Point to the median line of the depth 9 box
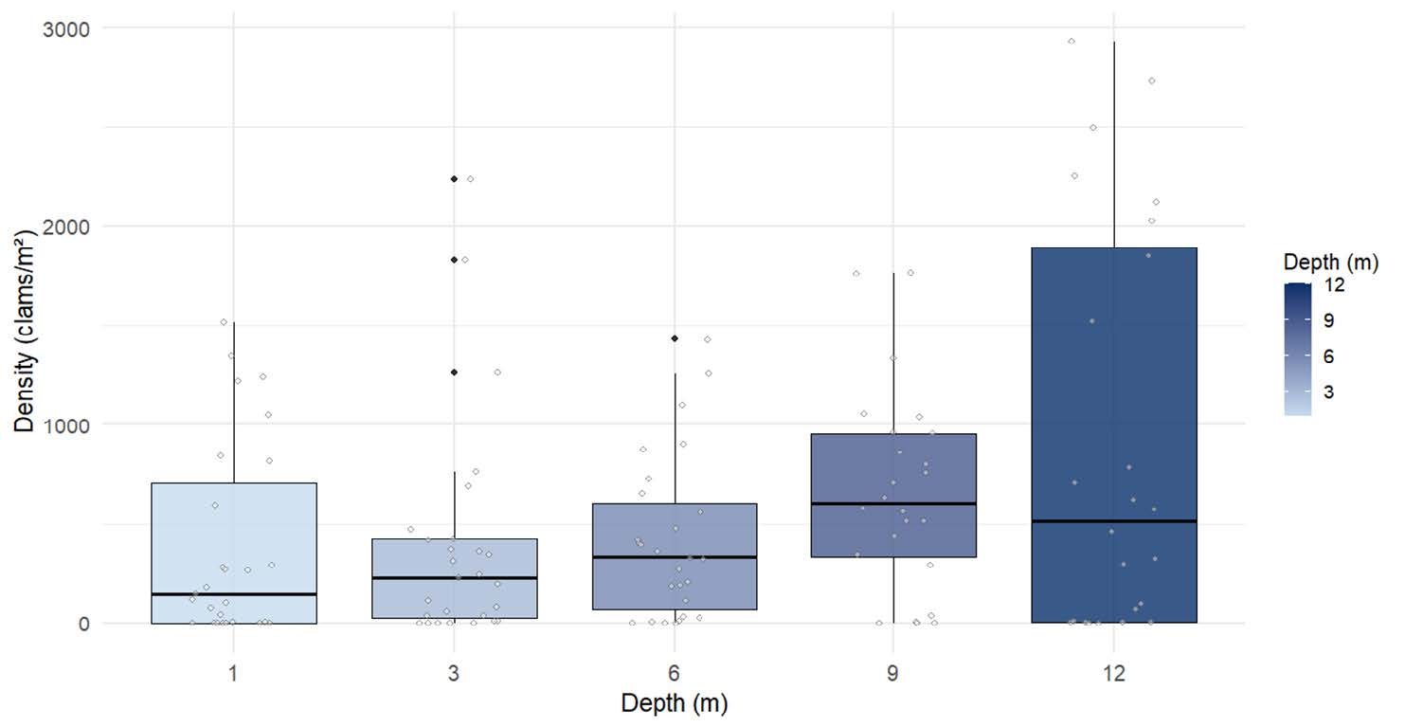[893, 503]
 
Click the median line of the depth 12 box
[1113, 520]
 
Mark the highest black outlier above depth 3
[454, 179]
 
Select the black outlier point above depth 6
[674, 338]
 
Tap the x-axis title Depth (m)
[674, 703]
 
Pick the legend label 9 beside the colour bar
[1328, 320]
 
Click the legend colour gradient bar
[1298, 350]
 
